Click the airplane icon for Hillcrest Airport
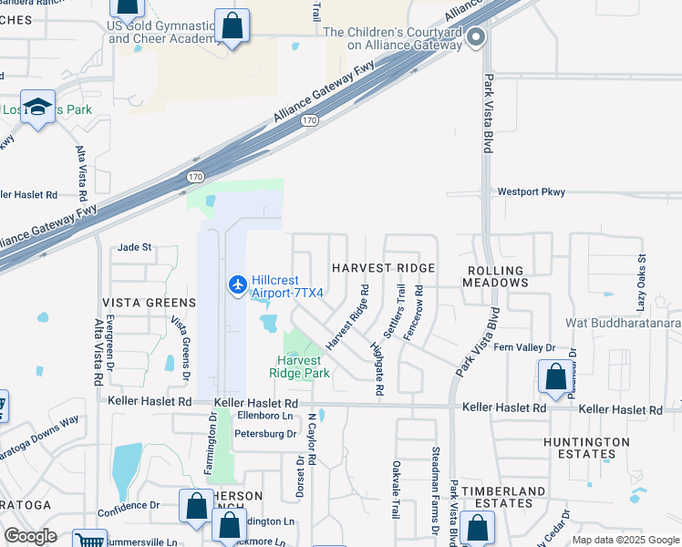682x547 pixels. (238, 285)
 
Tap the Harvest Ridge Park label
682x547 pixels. (298, 366)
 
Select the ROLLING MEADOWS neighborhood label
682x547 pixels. (497, 276)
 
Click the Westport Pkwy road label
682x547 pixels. (532, 192)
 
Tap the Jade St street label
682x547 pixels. (134, 247)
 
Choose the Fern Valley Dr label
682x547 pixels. (524, 347)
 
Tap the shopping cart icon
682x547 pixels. (89, 540)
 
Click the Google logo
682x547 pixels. (30, 536)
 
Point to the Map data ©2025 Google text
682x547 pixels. (625, 540)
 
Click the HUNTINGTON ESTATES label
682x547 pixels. (584, 448)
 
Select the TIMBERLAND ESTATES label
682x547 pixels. (507, 497)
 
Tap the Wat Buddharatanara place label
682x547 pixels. (623, 322)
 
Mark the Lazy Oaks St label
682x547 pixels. (641, 273)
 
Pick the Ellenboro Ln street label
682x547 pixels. (263, 417)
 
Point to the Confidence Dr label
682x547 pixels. (129, 504)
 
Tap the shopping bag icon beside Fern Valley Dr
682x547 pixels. (555, 377)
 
